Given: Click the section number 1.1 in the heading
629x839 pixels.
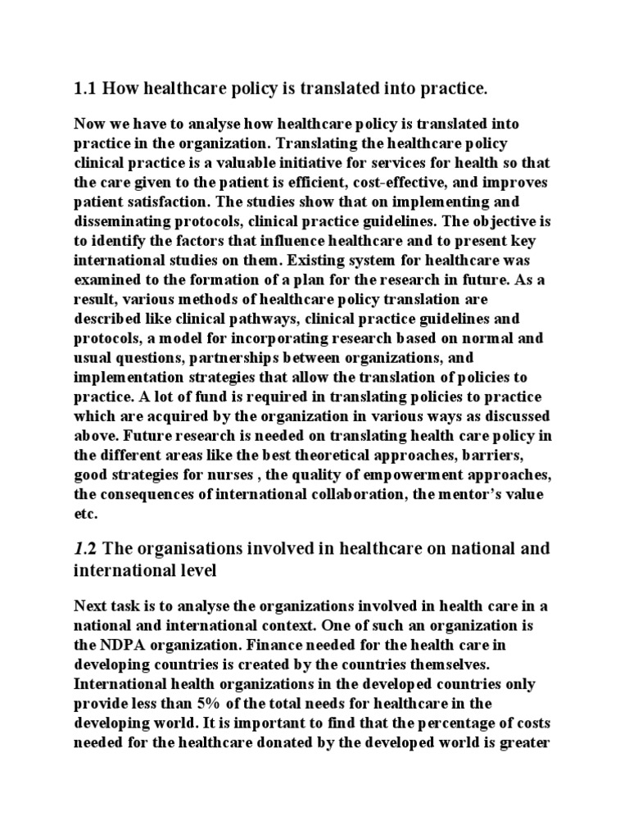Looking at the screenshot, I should (x=87, y=87).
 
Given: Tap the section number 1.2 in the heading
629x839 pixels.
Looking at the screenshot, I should (x=87, y=548).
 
